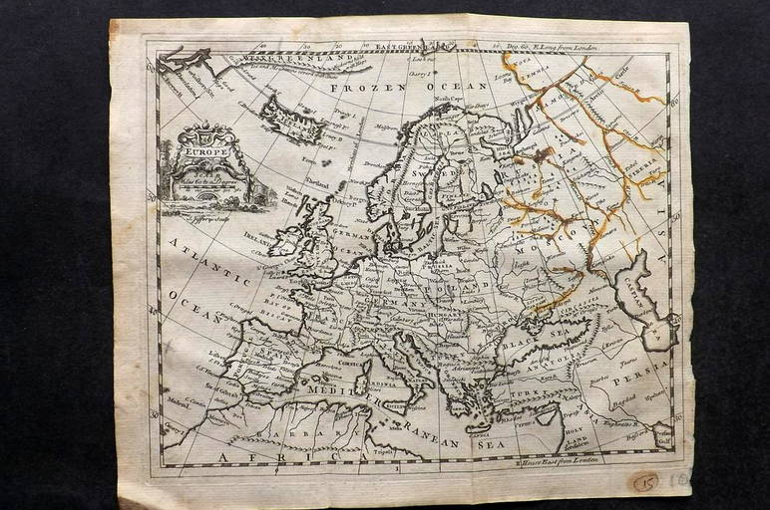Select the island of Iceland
tap(290, 119)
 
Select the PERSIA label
tap(631, 381)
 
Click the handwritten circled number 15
tap(645, 482)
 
